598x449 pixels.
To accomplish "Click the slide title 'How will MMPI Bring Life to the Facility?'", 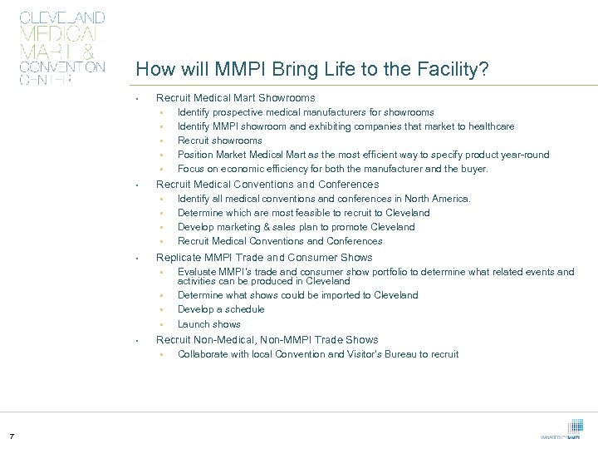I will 311,69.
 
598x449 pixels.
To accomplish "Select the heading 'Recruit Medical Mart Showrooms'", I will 235,98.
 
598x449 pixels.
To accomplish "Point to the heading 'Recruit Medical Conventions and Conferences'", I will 267,184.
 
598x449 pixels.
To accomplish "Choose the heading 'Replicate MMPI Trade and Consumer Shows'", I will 264,257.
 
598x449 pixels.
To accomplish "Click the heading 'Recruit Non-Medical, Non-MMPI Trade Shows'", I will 267,339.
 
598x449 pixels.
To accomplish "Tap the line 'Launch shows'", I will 208,324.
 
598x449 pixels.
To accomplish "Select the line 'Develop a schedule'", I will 220,309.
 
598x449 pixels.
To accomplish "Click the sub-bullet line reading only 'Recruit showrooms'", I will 219,141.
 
